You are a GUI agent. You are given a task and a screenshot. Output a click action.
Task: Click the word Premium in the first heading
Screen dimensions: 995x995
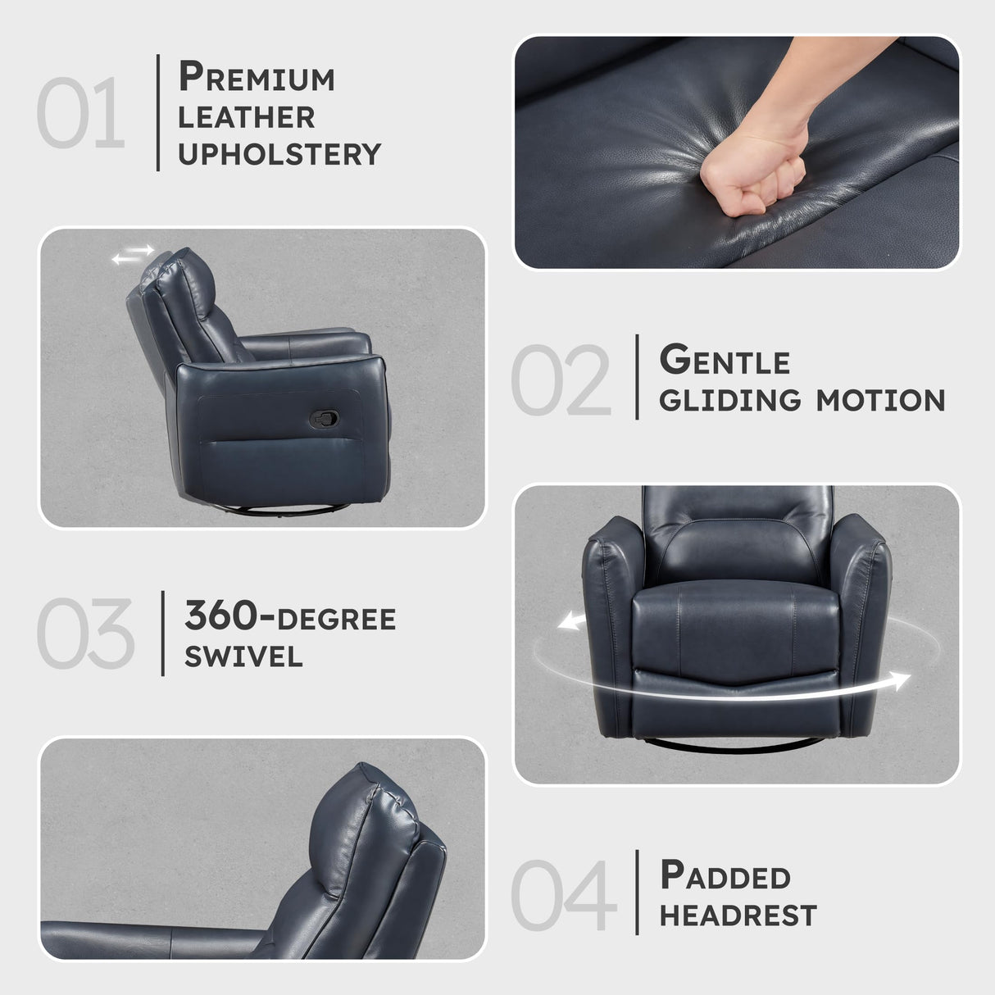tap(257, 78)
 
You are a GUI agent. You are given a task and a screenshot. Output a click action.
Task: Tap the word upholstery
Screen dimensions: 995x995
tap(279, 154)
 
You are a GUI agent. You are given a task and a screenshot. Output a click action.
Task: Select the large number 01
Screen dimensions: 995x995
tap(80, 113)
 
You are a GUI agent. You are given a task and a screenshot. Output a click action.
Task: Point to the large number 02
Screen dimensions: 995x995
tap(561, 380)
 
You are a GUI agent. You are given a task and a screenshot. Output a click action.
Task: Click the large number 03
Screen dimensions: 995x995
tap(85, 633)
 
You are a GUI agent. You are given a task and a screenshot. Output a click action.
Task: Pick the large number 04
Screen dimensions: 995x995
tap(563, 895)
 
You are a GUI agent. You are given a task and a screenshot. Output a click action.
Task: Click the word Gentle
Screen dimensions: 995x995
tap(725, 361)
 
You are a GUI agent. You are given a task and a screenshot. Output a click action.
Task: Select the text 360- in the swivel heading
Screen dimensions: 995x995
tap(230, 616)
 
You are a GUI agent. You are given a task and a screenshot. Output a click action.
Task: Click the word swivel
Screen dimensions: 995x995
tap(243, 656)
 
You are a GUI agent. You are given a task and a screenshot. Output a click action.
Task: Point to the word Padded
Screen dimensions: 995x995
tap(725, 876)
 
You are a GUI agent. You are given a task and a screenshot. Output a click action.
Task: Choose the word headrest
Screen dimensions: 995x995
tap(738, 915)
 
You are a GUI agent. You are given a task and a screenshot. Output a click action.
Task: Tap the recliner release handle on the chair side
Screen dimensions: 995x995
tap(324, 419)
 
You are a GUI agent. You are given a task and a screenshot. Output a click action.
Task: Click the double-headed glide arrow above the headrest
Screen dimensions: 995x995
tap(133, 257)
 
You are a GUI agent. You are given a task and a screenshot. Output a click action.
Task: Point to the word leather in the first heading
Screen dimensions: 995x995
tap(246, 117)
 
